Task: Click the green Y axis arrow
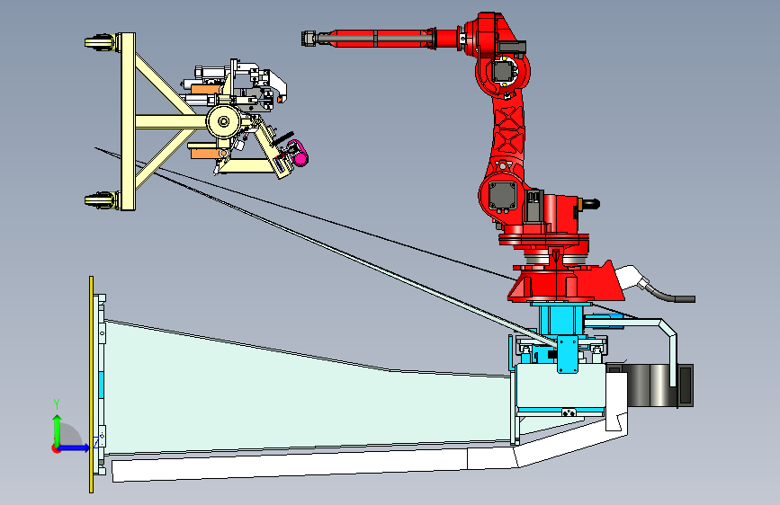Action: [x=57, y=430]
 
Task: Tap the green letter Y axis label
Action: [x=57, y=404]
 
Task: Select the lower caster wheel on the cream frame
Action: [x=100, y=200]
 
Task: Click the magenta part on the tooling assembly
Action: [x=298, y=153]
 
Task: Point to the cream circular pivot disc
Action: [x=224, y=121]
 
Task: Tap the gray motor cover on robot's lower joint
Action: [x=503, y=196]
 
